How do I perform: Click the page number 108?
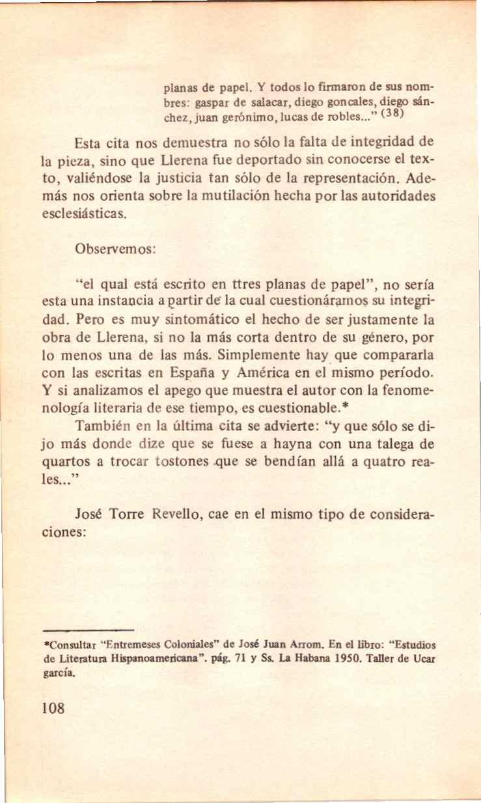(x=53, y=708)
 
